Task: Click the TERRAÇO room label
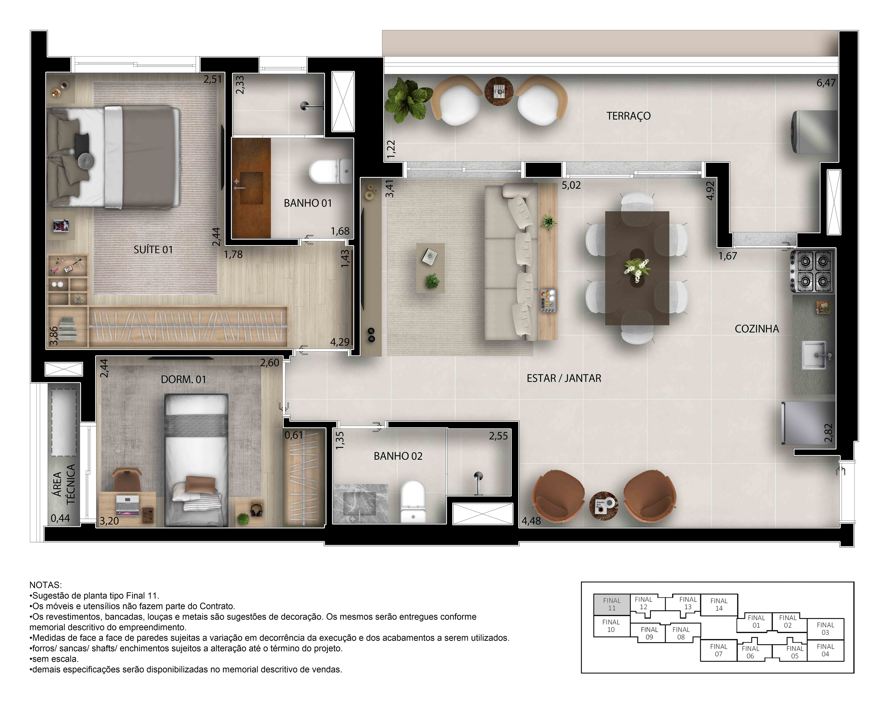[628, 116]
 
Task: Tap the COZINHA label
[756, 329]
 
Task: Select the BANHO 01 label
[308, 203]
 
